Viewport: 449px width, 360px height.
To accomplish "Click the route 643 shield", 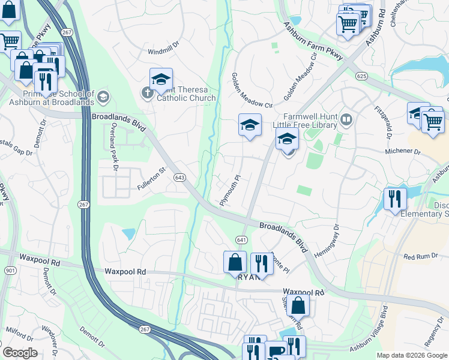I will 179,178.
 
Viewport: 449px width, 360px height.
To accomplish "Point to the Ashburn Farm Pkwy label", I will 313,41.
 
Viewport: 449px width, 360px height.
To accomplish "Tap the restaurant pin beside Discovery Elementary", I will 394,198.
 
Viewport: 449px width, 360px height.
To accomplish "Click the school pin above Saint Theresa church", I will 161,79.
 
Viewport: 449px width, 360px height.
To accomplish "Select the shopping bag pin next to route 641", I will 235,262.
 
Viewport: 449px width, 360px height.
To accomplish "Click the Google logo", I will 20,353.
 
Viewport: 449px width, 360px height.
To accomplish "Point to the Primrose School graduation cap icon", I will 103,97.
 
